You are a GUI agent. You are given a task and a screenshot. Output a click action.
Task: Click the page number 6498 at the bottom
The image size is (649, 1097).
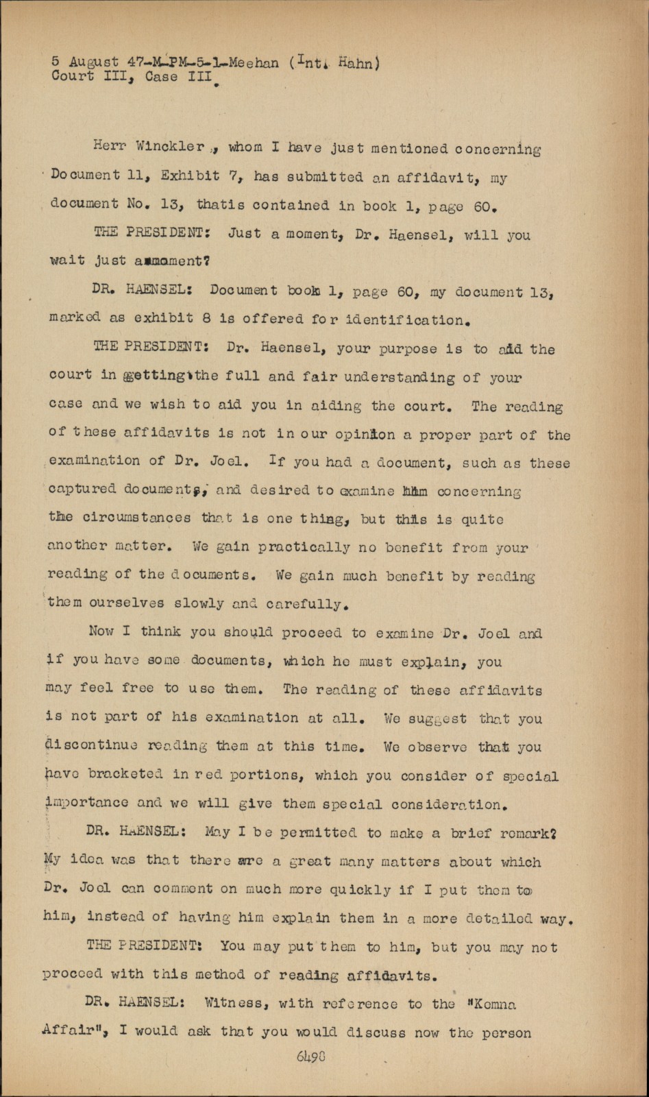310,1057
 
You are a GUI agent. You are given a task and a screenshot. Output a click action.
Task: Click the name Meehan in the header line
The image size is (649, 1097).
254,63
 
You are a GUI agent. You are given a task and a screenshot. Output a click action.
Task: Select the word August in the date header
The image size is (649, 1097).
94,62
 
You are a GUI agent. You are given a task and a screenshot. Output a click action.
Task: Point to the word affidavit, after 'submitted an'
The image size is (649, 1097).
438,177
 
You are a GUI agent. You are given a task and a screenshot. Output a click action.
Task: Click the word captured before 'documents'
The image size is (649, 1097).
82,490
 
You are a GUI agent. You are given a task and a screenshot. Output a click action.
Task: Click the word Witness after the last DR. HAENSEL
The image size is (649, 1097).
233,1003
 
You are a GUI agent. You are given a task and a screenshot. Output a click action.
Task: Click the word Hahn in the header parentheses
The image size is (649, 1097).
356,64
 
